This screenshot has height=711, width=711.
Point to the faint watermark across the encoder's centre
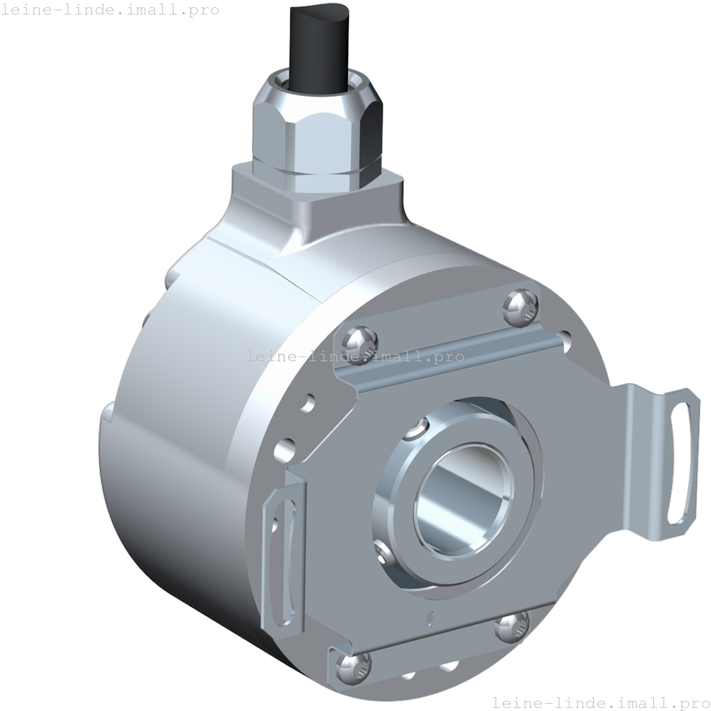click(x=355, y=356)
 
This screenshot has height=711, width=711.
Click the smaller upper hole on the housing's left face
click(x=309, y=401)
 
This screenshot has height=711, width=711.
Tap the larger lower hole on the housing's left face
click(x=283, y=449)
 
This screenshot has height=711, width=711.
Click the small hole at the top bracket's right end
click(x=564, y=336)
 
